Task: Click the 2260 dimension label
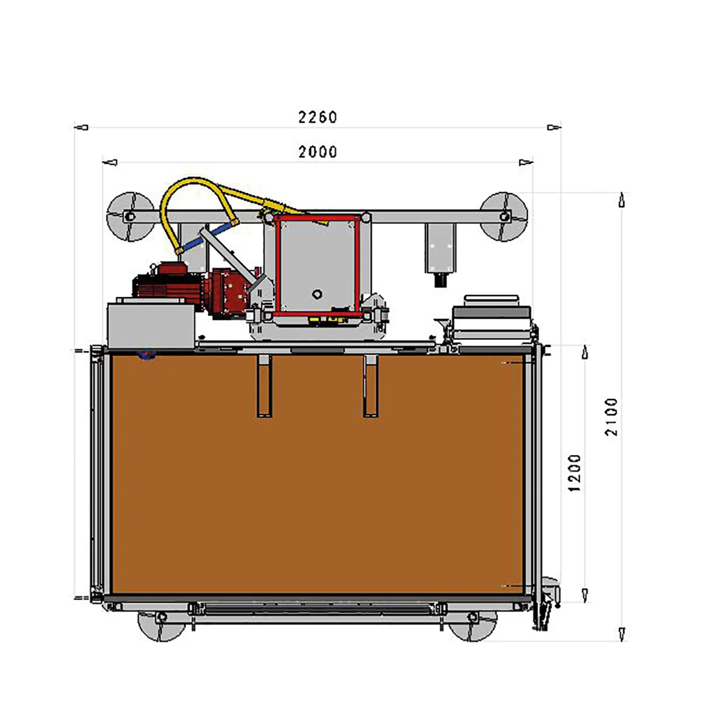(318, 118)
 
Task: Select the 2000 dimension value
(318, 152)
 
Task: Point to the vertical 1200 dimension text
(574, 473)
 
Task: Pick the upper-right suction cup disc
(504, 217)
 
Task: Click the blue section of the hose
(206, 237)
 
